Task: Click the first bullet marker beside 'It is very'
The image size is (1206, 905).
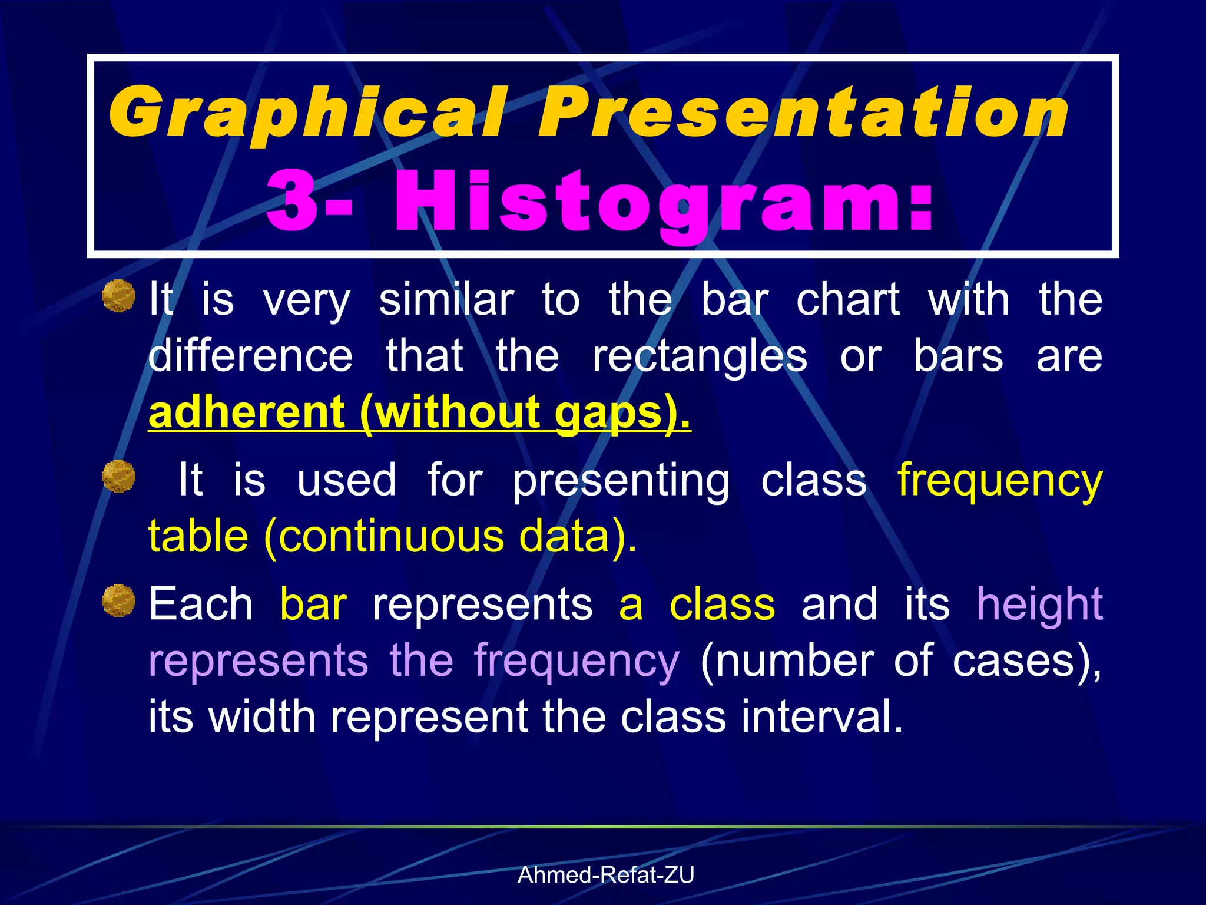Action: [x=119, y=296]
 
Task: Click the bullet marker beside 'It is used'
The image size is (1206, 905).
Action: [x=119, y=477]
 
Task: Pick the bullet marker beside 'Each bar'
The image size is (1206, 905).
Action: [x=119, y=601]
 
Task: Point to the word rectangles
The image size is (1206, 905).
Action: [x=700, y=357]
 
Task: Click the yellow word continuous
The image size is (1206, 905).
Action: [x=391, y=537]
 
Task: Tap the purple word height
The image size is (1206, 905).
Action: [x=1039, y=605]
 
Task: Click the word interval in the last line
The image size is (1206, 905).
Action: [x=822, y=717]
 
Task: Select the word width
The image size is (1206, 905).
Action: [x=263, y=717]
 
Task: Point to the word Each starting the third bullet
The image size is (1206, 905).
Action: [x=200, y=605]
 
